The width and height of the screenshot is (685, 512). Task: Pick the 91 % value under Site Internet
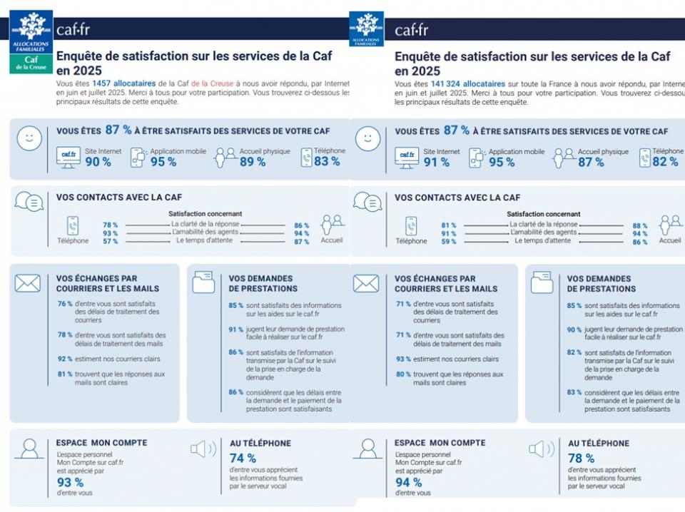[436, 162]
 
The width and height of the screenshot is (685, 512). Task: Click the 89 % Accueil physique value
[253, 162]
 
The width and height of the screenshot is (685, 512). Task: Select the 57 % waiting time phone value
[110, 241]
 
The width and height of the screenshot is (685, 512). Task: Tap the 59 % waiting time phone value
[448, 241]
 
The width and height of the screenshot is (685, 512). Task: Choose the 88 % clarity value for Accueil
[640, 225]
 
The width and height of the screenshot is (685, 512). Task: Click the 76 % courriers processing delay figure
[64, 304]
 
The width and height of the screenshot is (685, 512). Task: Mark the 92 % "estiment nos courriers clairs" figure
[64, 359]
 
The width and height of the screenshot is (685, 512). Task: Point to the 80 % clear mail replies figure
[403, 374]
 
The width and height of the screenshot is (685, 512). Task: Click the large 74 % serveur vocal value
[243, 458]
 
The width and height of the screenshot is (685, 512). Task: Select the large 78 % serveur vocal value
[581, 458]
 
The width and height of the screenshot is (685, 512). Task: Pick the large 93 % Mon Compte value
[70, 482]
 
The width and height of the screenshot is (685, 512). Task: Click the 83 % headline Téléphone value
[327, 162]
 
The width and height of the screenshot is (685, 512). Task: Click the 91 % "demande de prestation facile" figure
[235, 329]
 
